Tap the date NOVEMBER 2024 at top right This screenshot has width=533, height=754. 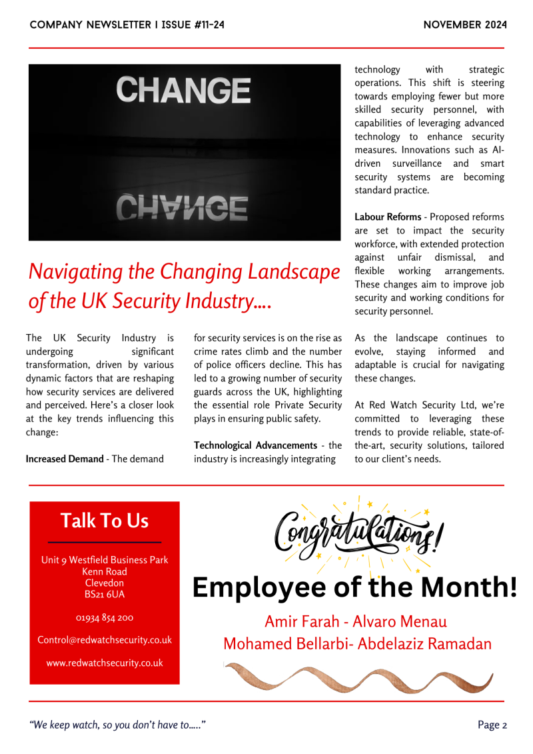pos(464,25)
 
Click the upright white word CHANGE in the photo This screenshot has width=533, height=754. pos(183,91)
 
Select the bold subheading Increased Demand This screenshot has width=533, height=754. pos(64,459)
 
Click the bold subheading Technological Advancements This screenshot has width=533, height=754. pos(255,445)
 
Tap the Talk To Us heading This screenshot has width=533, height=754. pos(105,521)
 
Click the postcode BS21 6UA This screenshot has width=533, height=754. pos(105,594)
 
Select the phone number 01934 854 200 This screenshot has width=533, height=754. pos(105,618)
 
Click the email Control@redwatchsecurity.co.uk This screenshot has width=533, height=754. pos(105,640)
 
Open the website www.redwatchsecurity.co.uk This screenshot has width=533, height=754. pos(105,663)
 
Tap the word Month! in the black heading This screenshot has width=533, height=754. pos(472,587)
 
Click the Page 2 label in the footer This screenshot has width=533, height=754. pos(492,725)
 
